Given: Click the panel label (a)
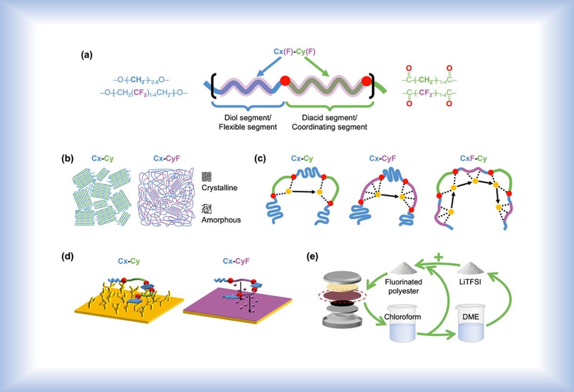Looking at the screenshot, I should [87, 55].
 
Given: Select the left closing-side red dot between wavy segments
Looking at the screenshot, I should [286, 80].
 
